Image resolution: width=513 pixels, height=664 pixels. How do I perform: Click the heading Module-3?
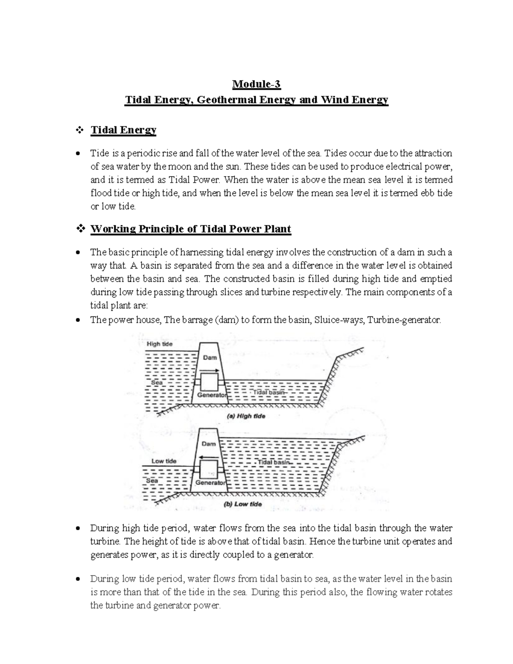(x=256, y=84)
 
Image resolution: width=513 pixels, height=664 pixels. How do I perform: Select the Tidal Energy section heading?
(x=124, y=130)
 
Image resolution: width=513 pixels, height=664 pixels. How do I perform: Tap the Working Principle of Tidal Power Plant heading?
(x=191, y=229)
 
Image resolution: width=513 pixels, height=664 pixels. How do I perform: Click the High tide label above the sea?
(x=159, y=344)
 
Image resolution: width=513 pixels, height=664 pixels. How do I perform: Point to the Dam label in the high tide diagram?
(x=210, y=357)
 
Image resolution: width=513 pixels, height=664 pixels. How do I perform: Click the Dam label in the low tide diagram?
(x=209, y=444)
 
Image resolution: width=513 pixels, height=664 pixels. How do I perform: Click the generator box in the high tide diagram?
(x=209, y=382)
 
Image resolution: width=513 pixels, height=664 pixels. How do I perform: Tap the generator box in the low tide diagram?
(x=209, y=469)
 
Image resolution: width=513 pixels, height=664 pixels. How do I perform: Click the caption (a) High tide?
(x=246, y=416)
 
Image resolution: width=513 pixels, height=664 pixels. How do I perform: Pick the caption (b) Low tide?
(x=243, y=505)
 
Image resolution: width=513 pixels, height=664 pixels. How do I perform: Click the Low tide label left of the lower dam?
(x=164, y=461)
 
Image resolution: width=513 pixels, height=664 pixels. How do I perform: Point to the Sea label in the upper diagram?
(x=157, y=383)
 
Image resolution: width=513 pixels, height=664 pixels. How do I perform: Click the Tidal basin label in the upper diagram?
(x=269, y=392)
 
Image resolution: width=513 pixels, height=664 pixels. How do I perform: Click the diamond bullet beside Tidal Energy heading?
(x=80, y=130)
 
